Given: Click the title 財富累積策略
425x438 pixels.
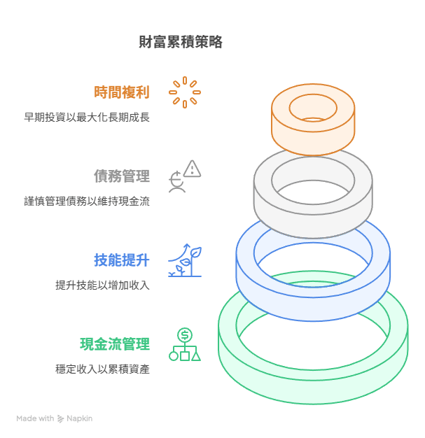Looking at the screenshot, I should pos(181,42).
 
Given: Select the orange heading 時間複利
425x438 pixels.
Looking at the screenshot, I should pos(122,92).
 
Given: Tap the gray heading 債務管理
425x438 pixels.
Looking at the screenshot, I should pos(122,176).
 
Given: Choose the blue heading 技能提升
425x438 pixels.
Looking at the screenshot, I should pos(122,260).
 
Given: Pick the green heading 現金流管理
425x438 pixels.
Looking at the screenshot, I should pos(115,344).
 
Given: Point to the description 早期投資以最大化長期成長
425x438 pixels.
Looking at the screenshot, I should pos(87,117).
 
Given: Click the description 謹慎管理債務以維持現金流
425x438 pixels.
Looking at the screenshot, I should pos(87,201).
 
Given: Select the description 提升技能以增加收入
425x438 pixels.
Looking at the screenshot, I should pos(102,285).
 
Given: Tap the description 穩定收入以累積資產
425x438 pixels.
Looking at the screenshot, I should pos(102,369).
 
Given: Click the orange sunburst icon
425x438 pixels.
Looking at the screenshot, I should pos(185,92).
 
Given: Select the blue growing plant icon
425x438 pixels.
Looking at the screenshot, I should pos(185,260).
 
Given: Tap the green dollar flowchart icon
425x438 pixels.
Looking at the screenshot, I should pos(185,344).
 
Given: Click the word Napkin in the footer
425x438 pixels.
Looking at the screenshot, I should pos(79,418).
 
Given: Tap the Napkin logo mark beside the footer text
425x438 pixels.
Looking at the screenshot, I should pos(61,418).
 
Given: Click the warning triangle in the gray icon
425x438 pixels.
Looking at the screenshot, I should pos(193,169).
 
